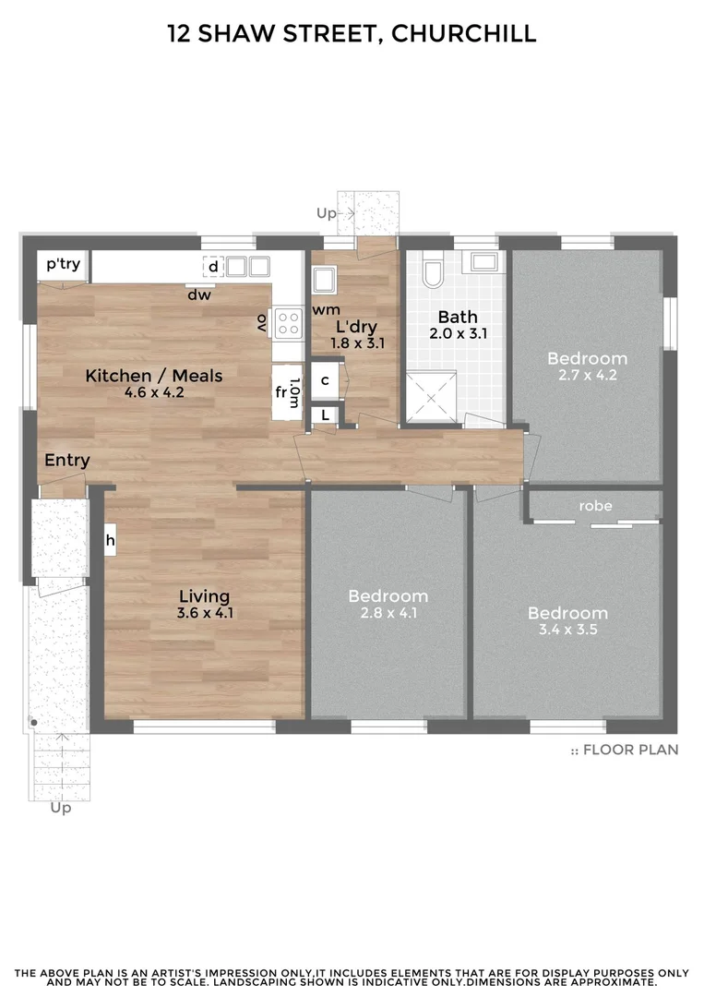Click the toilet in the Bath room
(x=432, y=271)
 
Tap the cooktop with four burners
(x=289, y=321)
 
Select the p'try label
(x=63, y=265)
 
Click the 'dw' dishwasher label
(x=199, y=295)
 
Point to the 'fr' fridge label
(x=281, y=391)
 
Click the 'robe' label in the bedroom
(x=595, y=506)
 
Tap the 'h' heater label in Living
(x=110, y=540)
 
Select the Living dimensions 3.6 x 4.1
(x=204, y=613)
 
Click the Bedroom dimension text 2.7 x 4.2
(x=587, y=375)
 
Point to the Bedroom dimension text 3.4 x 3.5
(x=567, y=630)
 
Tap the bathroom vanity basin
(x=483, y=261)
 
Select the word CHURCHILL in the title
(x=463, y=34)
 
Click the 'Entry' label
(x=67, y=461)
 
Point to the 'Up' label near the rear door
(x=327, y=213)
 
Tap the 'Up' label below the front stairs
(x=61, y=808)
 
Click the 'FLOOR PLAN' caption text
(x=631, y=750)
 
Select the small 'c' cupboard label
(x=326, y=379)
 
